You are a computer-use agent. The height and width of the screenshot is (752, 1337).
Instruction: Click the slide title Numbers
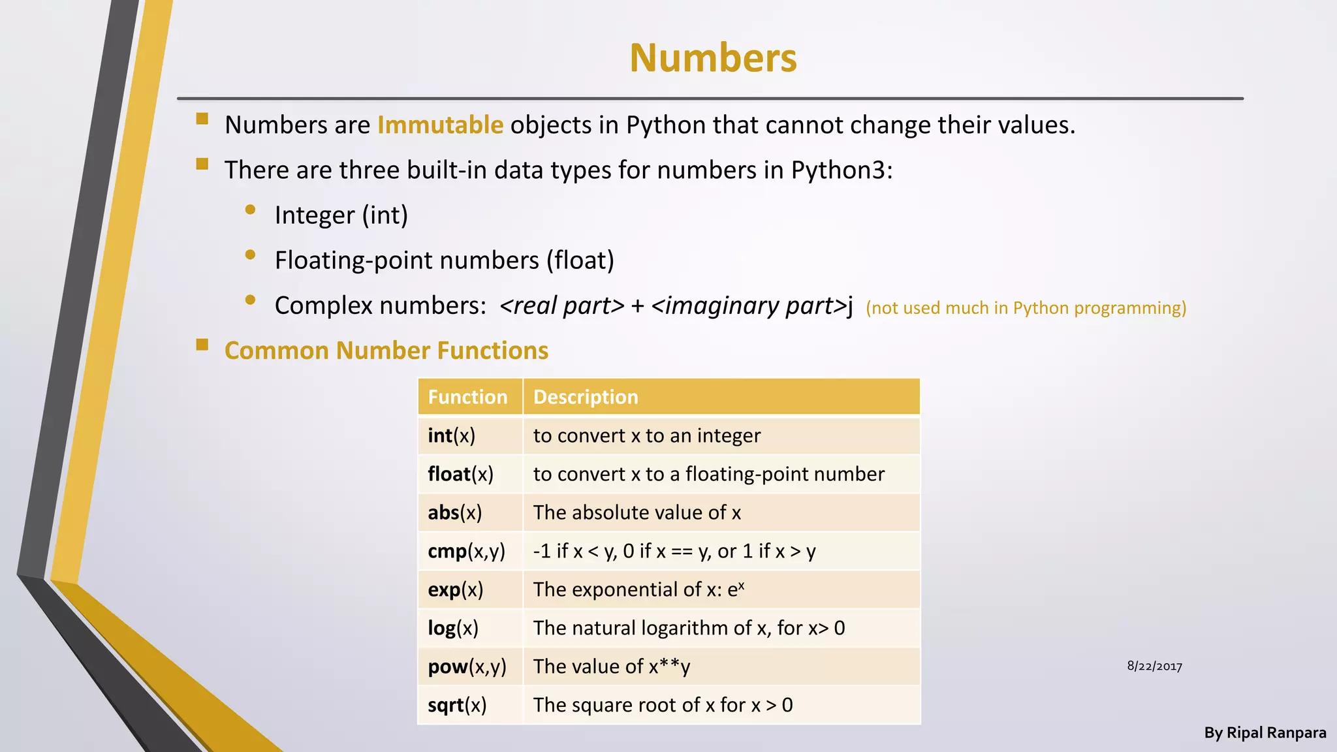pyautogui.click(x=713, y=58)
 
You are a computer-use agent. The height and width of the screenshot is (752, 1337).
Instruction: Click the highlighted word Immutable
pyautogui.click(x=440, y=125)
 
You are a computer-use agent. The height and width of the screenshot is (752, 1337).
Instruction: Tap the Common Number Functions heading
pyautogui.click(x=386, y=351)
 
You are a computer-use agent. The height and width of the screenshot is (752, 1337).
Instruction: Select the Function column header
pyautogui.click(x=467, y=397)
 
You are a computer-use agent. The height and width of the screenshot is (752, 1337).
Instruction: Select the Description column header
pyautogui.click(x=586, y=397)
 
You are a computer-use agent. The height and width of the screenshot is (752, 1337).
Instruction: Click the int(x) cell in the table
pyautogui.click(x=452, y=435)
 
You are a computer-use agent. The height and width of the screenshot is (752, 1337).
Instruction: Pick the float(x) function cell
pyautogui.click(x=460, y=474)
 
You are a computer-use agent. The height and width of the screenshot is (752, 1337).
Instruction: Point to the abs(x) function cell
pyautogui.click(x=455, y=512)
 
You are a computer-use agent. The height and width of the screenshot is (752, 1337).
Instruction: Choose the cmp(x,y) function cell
pyautogui.click(x=466, y=551)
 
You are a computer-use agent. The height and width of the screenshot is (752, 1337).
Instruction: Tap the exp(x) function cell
pyautogui.click(x=456, y=589)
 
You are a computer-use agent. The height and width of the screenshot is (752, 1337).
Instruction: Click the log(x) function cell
pyautogui.click(x=453, y=628)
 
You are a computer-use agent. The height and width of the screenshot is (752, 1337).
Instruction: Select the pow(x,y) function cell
pyautogui.click(x=467, y=666)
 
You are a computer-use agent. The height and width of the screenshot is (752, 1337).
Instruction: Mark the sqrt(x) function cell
pyautogui.click(x=457, y=705)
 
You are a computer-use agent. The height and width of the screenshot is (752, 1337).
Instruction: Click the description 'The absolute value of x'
pyautogui.click(x=637, y=512)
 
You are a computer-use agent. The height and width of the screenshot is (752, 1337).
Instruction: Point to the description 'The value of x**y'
pyautogui.click(x=611, y=666)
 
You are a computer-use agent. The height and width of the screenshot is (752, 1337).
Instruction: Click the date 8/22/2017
pyautogui.click(x=1154, y=666)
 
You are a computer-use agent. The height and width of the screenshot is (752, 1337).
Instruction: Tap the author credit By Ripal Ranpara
pyautogui.click(x=1265, y=732)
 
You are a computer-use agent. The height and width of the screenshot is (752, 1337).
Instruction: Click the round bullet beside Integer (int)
pyautogui.click(x=250, y=210)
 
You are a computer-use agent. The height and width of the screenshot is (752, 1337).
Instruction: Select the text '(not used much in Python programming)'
pyautogui.click(x=1026, y=307)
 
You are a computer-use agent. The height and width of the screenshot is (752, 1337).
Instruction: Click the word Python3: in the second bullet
pyautogui.click(x=842, y=170)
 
